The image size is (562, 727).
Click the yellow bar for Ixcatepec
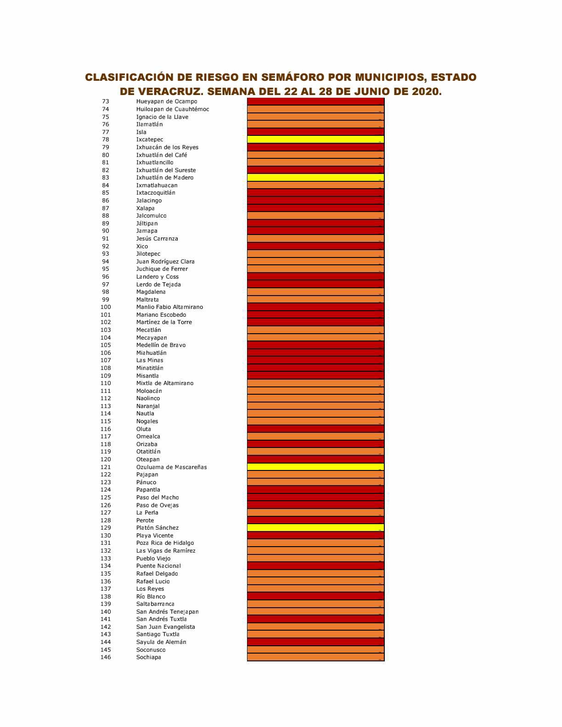pos(315,140)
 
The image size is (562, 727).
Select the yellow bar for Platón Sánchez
pos(315,528)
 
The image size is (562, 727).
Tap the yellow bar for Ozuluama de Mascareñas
pos(315,467)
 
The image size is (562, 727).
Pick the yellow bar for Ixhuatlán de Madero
pos(315,178)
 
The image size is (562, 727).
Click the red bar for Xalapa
pos(315,208)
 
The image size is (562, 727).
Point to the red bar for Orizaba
pos(315,444)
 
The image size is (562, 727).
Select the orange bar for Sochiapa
pos(315,657)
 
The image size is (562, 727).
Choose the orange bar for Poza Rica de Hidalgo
pos(315,543)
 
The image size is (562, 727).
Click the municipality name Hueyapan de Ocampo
pos(167,101)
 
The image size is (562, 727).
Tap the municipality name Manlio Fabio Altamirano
pos(169,307)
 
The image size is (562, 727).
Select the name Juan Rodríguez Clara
pos(165,262)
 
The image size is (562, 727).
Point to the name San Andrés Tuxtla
pos(161,619)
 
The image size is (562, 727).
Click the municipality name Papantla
pos(148,490)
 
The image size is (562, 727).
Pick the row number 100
pos(106,307)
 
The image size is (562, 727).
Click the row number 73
pos(106,101)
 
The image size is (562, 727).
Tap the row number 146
pos(106,657)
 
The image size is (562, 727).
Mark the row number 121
pos(106,467)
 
